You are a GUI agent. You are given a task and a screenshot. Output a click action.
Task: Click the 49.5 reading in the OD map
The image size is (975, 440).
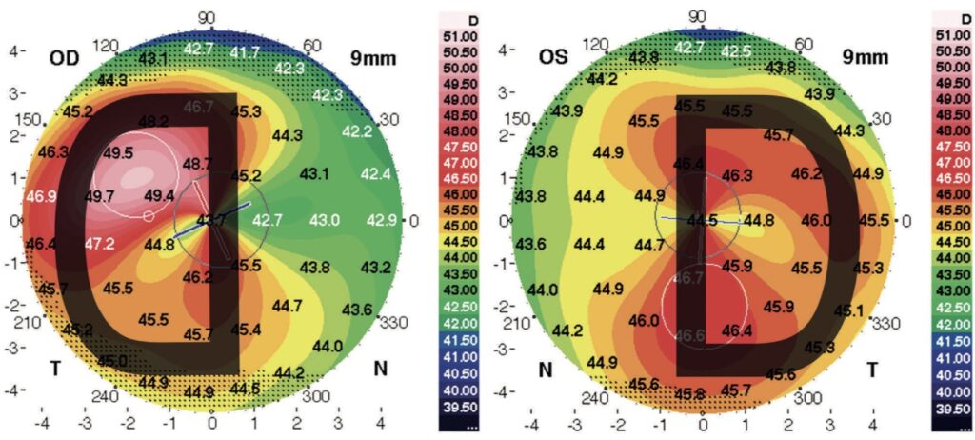coord(118,152)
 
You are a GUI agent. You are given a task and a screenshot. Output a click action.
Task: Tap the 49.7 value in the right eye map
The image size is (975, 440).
coord(98,196)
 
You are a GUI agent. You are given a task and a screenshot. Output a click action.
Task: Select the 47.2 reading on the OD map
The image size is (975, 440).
coord(102,244)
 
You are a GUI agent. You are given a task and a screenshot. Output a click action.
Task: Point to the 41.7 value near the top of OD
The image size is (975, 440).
coord(245,51)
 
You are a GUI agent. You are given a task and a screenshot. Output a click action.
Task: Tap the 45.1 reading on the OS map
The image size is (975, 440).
coord(849,310)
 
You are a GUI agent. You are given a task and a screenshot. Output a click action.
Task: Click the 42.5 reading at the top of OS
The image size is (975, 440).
coord(734,50)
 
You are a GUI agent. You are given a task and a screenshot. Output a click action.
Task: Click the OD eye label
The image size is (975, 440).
coord(66,58)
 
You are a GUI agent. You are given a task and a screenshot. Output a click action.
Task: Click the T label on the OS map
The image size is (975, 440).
coord(870,370)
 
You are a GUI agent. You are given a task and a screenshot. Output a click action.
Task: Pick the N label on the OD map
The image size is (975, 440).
coord(380,370)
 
